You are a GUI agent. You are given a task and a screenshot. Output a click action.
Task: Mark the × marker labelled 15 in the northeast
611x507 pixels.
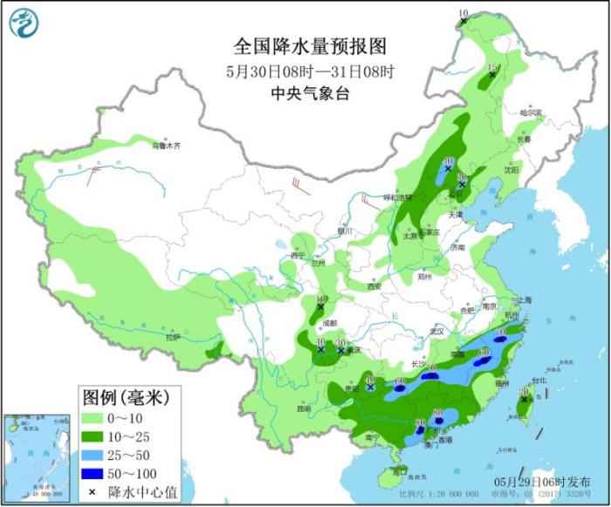[492, 76]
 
